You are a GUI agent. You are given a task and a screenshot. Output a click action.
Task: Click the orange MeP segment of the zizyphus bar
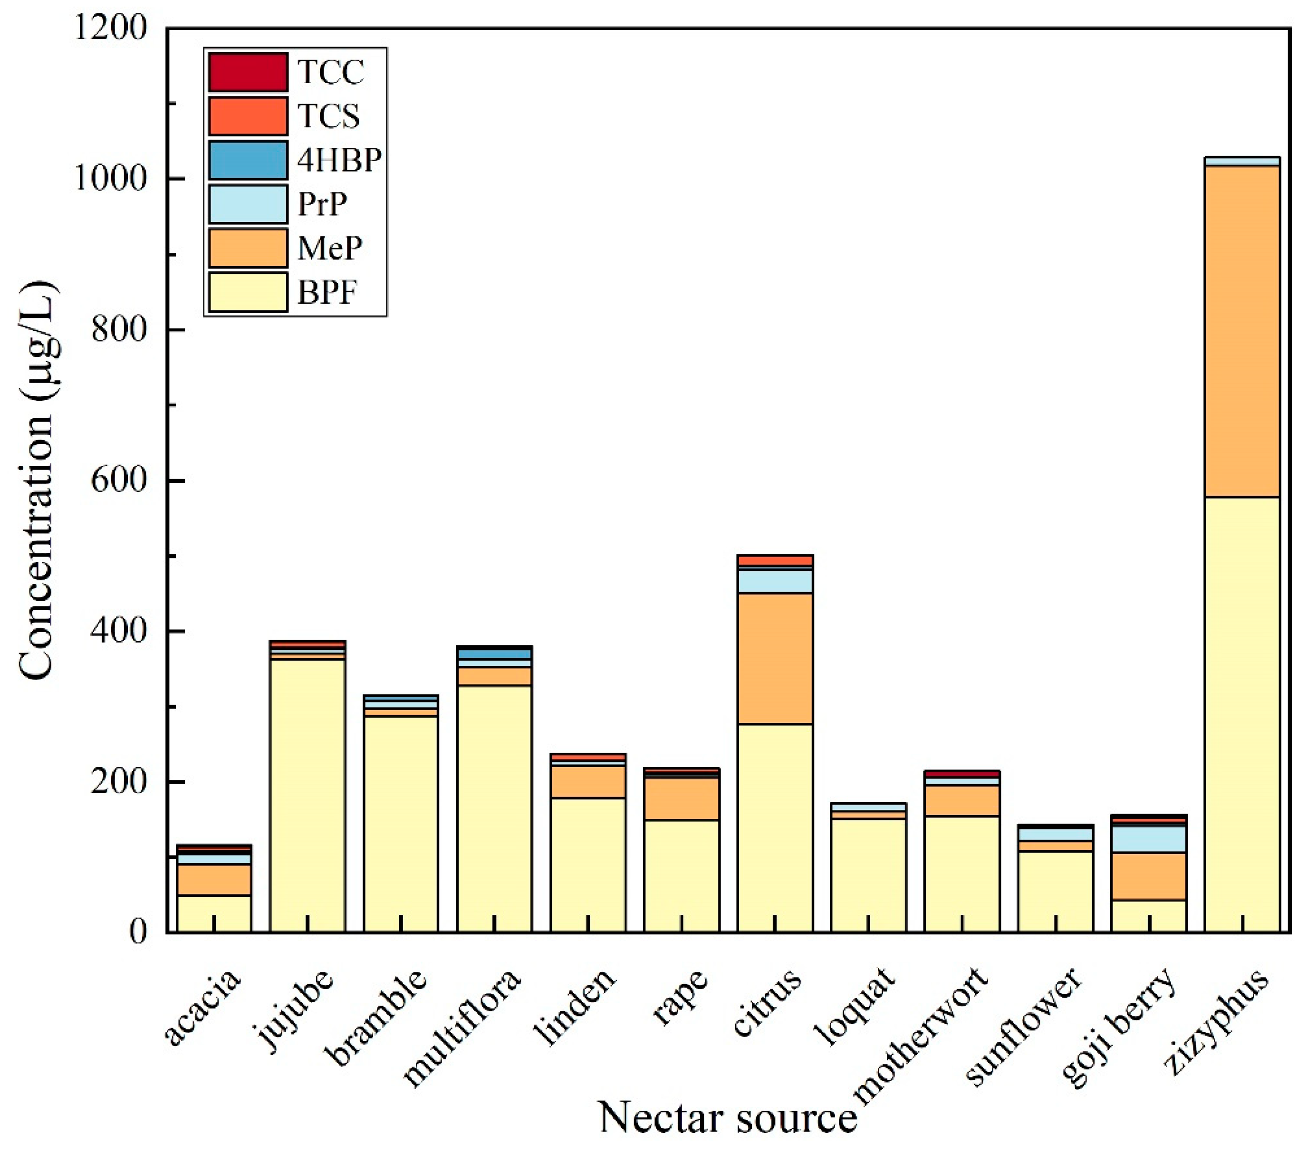tap(1242, 339)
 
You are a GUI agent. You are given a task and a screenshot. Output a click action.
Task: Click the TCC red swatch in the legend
tap(248, 72)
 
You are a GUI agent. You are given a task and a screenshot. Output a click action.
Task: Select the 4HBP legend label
tap(339, 160)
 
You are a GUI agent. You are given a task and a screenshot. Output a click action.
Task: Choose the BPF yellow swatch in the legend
tap(248, 292)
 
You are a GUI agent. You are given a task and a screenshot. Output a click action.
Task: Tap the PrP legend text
tap(322, 204)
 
